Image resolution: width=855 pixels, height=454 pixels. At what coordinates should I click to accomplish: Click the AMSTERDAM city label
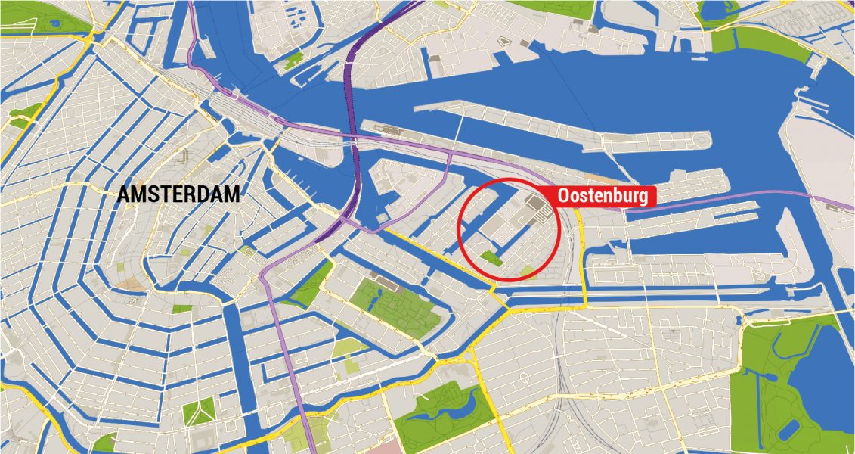pos(179,194)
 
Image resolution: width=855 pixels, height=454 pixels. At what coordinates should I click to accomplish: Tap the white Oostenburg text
pos(603,196)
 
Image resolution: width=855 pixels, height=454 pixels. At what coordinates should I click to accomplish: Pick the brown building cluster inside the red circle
pos(537,205)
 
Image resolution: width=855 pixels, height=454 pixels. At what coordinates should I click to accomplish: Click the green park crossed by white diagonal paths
pos(198,413)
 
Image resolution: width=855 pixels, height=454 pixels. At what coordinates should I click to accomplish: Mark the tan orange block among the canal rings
pos(133,285)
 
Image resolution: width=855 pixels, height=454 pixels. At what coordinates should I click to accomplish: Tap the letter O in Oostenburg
pos(563,196)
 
